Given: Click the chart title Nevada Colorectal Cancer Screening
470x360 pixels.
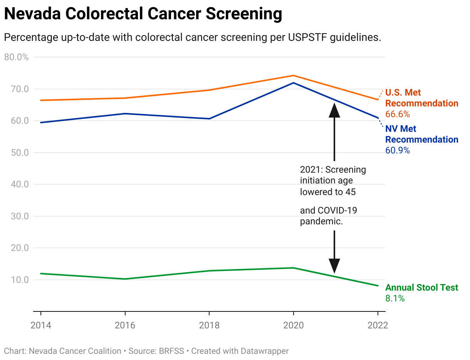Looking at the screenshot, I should point(143,14).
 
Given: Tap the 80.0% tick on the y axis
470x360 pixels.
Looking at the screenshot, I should point(16,57).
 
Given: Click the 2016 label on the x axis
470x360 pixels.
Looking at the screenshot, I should point(125,325).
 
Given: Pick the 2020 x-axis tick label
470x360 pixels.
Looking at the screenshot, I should point(294,325).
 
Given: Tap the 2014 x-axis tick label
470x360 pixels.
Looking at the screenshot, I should point(40,325).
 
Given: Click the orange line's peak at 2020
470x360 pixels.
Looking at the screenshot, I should point(294,76).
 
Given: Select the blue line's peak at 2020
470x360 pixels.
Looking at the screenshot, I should point(294,83).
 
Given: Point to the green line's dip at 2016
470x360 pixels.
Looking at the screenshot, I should point(125,279).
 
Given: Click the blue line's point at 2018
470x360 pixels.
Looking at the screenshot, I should point(209,118).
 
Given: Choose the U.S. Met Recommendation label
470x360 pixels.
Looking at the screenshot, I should point(421,98).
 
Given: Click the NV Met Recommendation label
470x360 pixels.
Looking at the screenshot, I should point(421,134).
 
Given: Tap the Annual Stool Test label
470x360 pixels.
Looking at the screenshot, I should point(421,288).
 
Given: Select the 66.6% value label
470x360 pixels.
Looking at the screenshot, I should point(397,114).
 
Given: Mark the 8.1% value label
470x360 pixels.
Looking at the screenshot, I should point(395,298).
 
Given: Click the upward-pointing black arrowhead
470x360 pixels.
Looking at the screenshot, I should point(334,109).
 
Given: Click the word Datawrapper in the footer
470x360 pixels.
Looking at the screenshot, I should point(264,351).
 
